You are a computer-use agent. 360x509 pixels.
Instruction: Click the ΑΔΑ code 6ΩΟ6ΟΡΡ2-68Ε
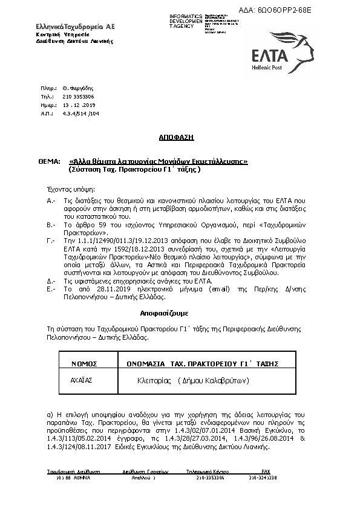point(309,11)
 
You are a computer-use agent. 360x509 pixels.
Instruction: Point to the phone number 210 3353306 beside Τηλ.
point(78,97)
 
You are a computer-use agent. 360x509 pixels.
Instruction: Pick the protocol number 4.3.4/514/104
point(80,113)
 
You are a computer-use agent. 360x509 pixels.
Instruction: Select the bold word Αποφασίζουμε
point(164,314)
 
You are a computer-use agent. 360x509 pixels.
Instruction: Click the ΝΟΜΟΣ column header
point(84,364)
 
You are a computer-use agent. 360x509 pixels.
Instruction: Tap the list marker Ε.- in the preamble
point(51,289)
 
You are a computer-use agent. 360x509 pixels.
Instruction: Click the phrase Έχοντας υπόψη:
point(67,188)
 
